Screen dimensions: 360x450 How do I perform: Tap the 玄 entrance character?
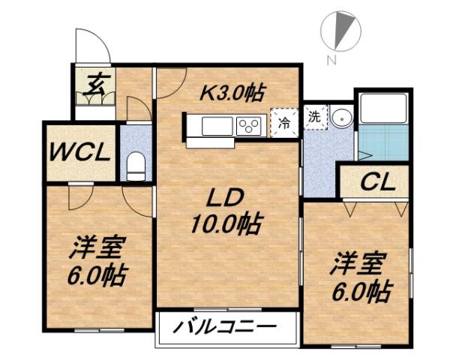pos(94,83)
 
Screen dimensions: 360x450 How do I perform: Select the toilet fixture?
pos(136,165)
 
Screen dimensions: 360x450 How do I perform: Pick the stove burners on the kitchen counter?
pos(249,126)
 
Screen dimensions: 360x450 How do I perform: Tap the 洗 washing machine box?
pos(315,118)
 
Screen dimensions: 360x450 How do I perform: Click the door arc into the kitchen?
pos(172,82)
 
